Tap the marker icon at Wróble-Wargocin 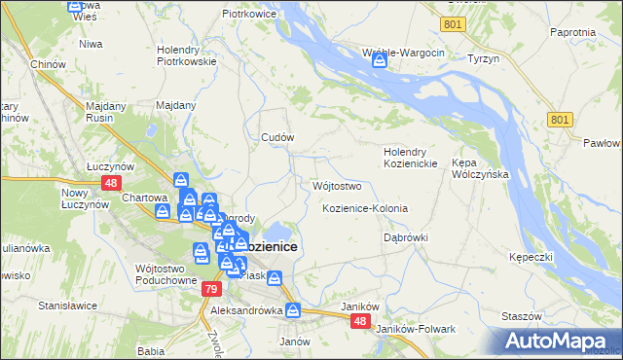[380, 61]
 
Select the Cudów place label [277, 137]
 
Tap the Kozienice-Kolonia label [365, 209]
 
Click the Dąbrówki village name [406, 236]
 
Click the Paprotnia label [572, 31]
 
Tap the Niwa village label [92, 44]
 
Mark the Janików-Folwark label [421, 329]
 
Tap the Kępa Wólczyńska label [476, 169]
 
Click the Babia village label [150, 350]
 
